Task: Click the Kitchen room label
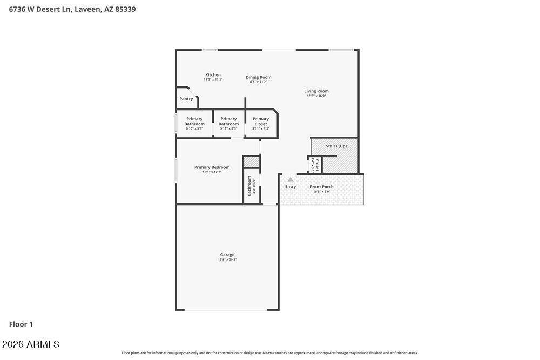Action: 213,75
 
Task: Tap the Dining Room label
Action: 259,77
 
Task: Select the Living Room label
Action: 316,91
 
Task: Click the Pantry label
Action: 186,99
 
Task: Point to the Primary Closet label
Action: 261,121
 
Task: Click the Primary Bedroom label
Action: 212,167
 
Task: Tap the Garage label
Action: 227,255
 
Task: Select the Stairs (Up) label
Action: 336,146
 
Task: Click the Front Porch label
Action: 321,187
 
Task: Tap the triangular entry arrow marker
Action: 291,180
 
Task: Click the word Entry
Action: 291,187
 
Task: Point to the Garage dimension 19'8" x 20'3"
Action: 227,260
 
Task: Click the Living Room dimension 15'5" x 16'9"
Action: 316,96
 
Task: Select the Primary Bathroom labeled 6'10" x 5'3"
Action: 194,121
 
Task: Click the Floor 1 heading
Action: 21,324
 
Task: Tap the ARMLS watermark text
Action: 31,344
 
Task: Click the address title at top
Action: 72,9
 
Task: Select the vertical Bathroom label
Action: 249,186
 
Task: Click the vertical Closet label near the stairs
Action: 317,165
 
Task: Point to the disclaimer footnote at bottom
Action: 269,353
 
